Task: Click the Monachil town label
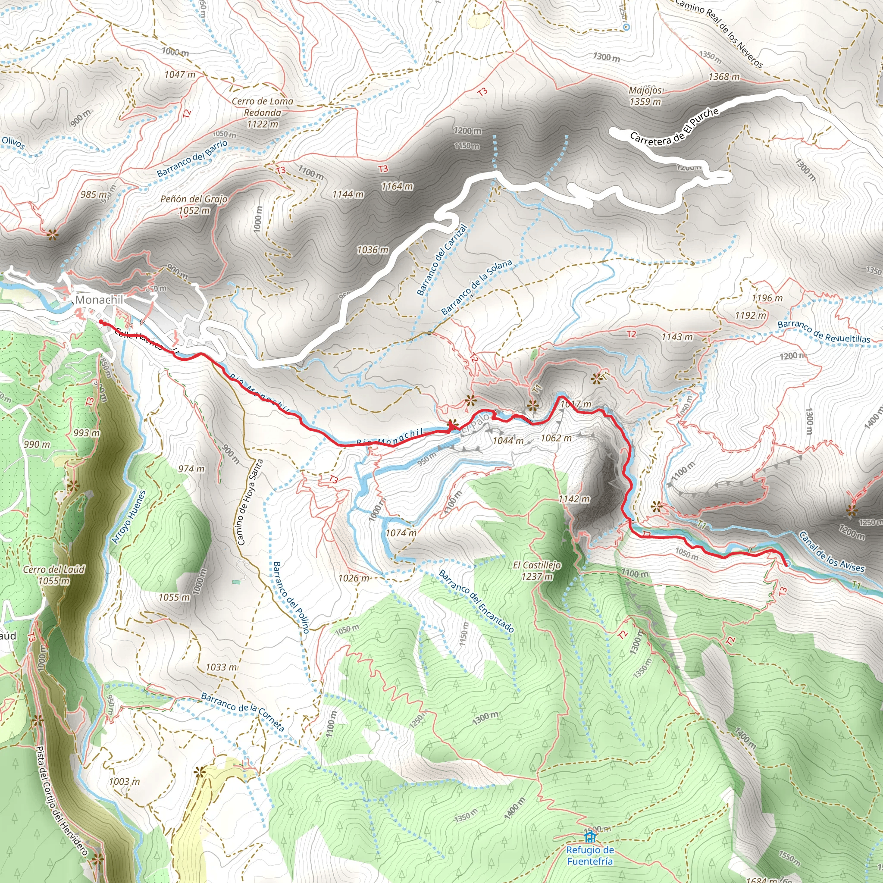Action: pos(99,300)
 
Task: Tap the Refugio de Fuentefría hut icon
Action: pos(590,837)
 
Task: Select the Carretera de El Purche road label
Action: pos(674,127)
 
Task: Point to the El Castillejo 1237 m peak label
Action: pos(536,571)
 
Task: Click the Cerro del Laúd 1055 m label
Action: pos(54,575)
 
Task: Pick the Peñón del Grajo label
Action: pos(194,204)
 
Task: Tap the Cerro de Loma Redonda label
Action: pos(262,113)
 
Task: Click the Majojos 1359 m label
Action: pos(645,96)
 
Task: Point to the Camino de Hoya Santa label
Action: pos(250,503)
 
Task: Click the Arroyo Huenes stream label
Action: pos(129,517)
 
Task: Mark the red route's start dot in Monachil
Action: pos(100,322)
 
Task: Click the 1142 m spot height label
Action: pos(574,499)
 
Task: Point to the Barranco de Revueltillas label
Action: pos(824,332)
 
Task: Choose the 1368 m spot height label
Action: pos(724,77)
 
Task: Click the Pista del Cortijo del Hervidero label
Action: pos(61,800)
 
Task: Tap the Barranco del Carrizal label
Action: pos(441,259)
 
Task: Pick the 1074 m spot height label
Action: pos(401,532)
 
